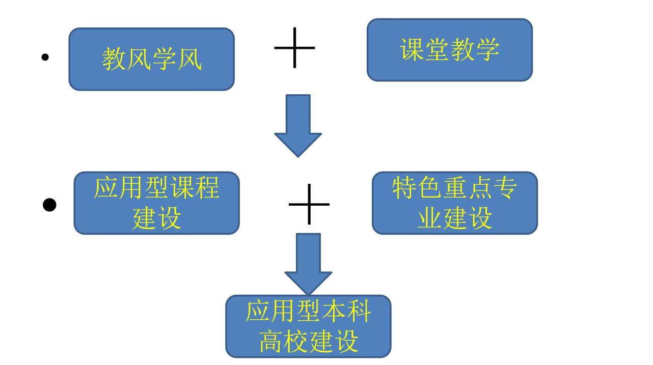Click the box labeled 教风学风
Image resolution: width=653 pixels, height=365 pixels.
[x=151, y=59]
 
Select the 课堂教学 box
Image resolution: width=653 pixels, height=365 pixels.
[x=449, y=50]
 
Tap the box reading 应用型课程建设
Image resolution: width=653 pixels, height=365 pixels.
[x=156, y=203]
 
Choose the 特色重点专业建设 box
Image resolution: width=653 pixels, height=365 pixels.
[x=454, y=203]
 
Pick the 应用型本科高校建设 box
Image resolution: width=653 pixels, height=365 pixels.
[x=308, y=326]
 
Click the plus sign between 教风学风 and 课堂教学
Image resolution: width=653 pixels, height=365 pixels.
[x=294, y=48]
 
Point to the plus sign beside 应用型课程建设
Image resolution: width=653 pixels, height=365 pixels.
[x=309, y=204]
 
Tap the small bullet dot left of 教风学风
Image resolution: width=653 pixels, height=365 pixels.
[x=45, y=58]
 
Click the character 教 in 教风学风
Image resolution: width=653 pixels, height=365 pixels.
[x=114, y=60]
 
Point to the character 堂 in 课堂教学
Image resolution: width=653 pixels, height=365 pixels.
[x=437, y=50]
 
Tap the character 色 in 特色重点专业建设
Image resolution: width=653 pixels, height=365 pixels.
[x=429, y=188]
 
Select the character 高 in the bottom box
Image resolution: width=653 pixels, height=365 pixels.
[x=271, y=341]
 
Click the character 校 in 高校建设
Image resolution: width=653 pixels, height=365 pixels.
[x=296, y=341]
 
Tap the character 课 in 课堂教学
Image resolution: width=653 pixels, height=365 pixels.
[x=412, y=50]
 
